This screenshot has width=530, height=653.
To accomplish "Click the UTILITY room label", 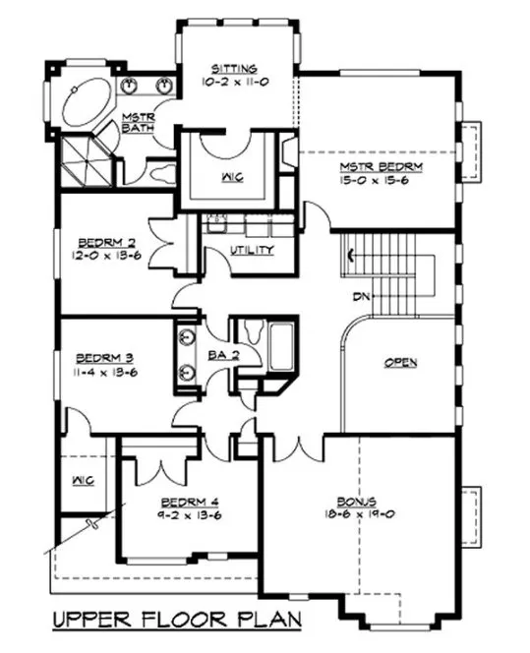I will point(252,250).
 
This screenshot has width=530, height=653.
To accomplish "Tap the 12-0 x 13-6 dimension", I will point(102,252).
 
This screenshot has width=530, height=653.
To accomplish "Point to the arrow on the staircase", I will point(351,258).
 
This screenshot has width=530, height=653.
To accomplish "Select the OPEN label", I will point(399,363).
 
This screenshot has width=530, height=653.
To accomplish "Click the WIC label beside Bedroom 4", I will point(81,481).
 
